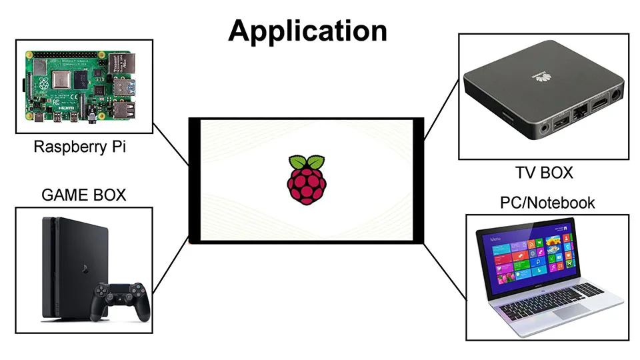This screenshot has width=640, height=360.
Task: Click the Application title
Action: [307, 31]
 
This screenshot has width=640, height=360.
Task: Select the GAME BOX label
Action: [83, 195]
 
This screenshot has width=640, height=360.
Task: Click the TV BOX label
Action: [544, 173]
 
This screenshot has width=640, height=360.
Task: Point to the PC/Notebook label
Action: [547, 203]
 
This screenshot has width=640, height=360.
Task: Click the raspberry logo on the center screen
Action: [307, 179]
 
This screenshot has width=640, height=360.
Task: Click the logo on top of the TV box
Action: [536, 77]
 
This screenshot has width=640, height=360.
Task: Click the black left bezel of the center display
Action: [194, 180]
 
